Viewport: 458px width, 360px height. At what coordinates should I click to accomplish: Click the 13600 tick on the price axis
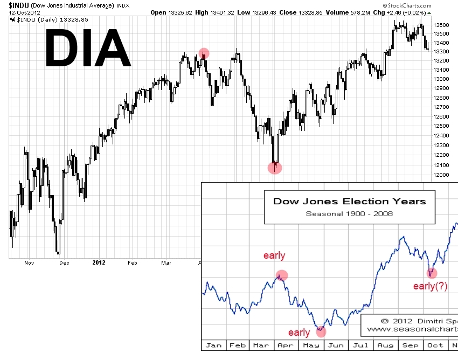tap(441, 25)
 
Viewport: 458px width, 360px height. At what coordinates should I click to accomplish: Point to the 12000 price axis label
tap(441, 175)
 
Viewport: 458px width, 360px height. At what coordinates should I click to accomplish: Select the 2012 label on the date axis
tap(99, 262)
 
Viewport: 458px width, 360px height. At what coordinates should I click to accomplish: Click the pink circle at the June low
tap(275, 167)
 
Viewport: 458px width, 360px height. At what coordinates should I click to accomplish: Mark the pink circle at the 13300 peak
tap(204, 53)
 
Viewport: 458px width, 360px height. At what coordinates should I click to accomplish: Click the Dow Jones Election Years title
tap(349, 202)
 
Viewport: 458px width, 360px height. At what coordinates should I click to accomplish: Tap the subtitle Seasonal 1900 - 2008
tap(349, 213)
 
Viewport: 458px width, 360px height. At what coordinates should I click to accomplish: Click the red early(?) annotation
tap(430, 286)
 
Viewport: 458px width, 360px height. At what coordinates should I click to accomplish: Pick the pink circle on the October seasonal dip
tap(432, 273)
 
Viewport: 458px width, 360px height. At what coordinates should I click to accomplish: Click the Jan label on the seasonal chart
tap(214, 345)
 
